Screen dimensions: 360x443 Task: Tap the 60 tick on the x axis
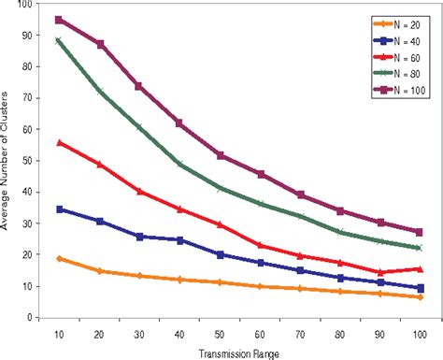tap(260, 330)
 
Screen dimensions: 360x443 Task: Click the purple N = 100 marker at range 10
tap(60, 20)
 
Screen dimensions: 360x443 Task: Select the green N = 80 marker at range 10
tap(60, 40)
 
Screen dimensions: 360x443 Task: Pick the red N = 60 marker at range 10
tap(60, 142)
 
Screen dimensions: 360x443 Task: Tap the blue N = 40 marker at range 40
tap(179, 239)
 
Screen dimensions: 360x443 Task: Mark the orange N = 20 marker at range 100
tap(420, 296)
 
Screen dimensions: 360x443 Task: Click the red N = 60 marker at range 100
tap(420, 268)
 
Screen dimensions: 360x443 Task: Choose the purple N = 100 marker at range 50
tap(220, 155)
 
